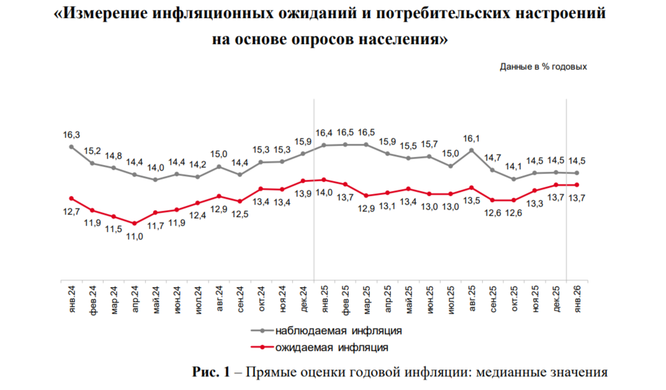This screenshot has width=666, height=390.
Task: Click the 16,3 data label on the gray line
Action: (71, 134)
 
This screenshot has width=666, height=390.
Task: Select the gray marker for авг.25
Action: (472, 150)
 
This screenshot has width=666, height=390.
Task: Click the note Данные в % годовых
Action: (543, 66)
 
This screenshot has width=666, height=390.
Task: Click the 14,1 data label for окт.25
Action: (513, 166)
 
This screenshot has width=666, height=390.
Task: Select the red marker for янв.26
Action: (577, 185)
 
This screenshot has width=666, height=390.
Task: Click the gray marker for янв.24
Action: (71, 147)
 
